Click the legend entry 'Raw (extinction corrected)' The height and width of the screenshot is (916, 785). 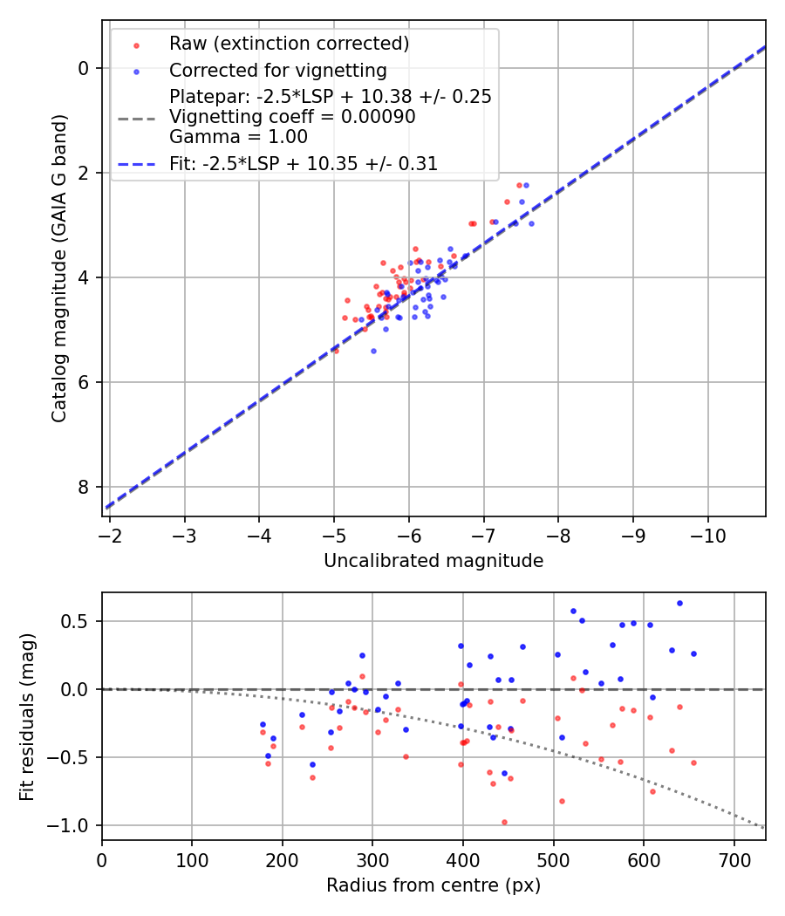289,44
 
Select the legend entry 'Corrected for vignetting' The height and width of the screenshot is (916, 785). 278,70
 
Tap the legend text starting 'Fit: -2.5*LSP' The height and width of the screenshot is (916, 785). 304,163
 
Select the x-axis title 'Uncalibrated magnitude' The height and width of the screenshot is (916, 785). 433,561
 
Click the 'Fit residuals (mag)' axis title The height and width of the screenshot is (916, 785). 27,716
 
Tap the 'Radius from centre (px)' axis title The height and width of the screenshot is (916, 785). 433,885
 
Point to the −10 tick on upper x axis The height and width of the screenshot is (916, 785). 706,533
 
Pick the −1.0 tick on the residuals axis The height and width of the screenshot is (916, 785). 72,825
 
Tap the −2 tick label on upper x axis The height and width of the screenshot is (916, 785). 109,533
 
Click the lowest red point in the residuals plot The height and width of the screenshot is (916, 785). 504,822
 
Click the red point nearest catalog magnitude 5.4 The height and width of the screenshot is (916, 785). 336,351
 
